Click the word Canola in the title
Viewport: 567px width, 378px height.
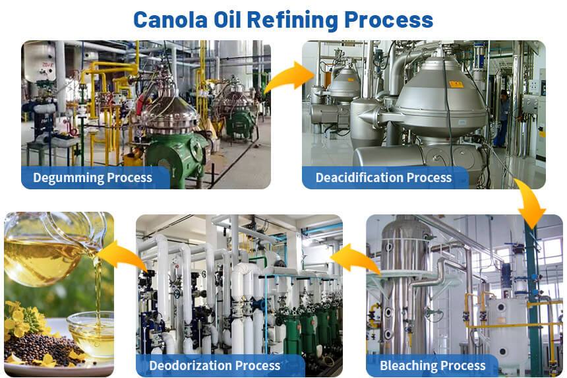170,20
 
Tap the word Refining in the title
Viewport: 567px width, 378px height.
292,20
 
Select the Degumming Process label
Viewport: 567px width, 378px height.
92,177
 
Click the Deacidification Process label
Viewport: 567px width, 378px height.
384,177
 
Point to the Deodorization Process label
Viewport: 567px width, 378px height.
215,365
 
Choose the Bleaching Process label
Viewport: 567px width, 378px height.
433,365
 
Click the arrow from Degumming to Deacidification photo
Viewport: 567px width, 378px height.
289,77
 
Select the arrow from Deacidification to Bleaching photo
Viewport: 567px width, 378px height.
530,203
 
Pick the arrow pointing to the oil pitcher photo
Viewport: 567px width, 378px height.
121,255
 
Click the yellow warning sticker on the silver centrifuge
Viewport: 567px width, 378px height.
456,84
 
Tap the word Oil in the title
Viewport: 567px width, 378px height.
227,20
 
